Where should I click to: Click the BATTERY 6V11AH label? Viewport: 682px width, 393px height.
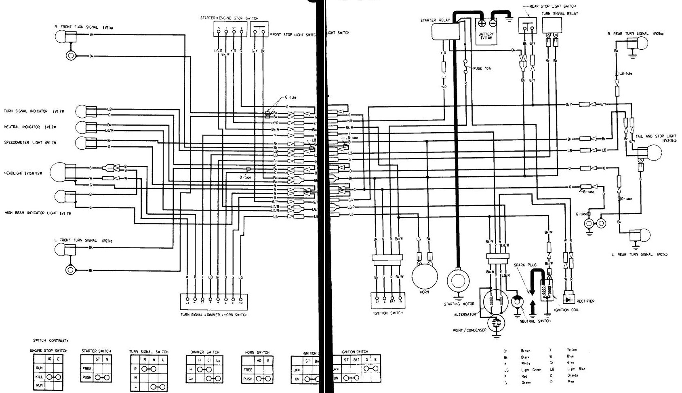coord(486,36)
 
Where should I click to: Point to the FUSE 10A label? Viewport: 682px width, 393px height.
coord(482,68)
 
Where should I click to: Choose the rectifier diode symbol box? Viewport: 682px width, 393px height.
coord(570,300)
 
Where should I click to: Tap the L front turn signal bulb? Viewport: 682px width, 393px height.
coord(61,250)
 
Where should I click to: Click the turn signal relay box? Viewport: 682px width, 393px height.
coord(552,25)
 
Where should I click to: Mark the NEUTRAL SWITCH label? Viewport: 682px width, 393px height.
coord(536,321)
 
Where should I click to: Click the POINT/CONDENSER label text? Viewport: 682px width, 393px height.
coord(470,330)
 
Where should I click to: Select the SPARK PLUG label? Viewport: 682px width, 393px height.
coord(525,265)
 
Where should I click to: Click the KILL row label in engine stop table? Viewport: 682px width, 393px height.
coord(39,377)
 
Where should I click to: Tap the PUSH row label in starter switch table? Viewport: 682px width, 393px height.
coord(87,377)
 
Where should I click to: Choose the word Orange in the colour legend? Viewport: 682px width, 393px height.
coord(573,376)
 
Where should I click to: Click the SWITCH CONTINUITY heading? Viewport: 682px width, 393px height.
coord(51,340)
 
